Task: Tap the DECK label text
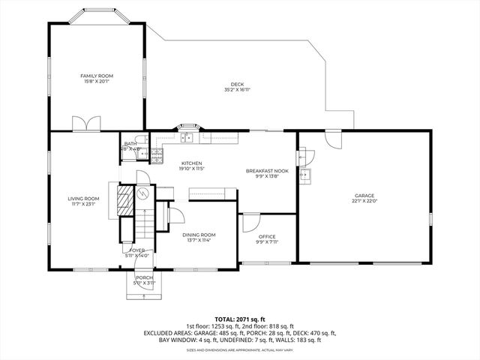click(x=237, y=84)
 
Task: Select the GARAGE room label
click(x=364, y=195)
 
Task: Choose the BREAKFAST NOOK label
click(x=267, y=171)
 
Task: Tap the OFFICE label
click(x=267, y=237)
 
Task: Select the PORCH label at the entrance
click(x=143, y=277)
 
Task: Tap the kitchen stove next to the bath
click(x=157, y=155)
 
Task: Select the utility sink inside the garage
click(x=305, y=175)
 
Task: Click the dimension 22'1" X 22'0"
click(x=364, y=201)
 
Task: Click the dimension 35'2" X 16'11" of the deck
click(x=237, y=89)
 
